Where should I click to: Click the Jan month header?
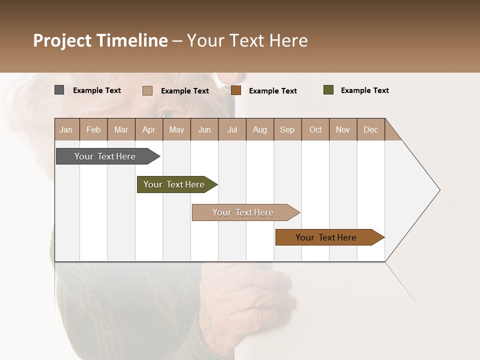pyautogui.click(x=66, y=129)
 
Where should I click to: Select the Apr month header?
pyautogui.click(x=148, y=129)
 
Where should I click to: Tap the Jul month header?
pyautogui.click(x=232, y=129)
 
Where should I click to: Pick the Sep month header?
pyautogui.click(x=287, y=129)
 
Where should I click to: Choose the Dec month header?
pyautogui.click(x=370, y=129)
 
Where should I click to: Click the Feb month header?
pyautogui.click(x=93, y=129)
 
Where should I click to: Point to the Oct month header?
pyautogui.click(x=315, y=129)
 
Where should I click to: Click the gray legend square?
pyautogui.click(x=59, y=90)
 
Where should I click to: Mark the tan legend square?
pyautogui.click(x=147, y=90)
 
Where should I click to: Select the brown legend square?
pyautogui.click(x=236, y=90)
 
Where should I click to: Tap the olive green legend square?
pyautogui.click(x=328, y=90)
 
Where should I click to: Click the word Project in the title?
pyautogui.click(x=62, y=40)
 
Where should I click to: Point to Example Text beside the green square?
pyautogui.click(x=364, y=90)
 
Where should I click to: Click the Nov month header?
pyautogui.click(x=343, y=129)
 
